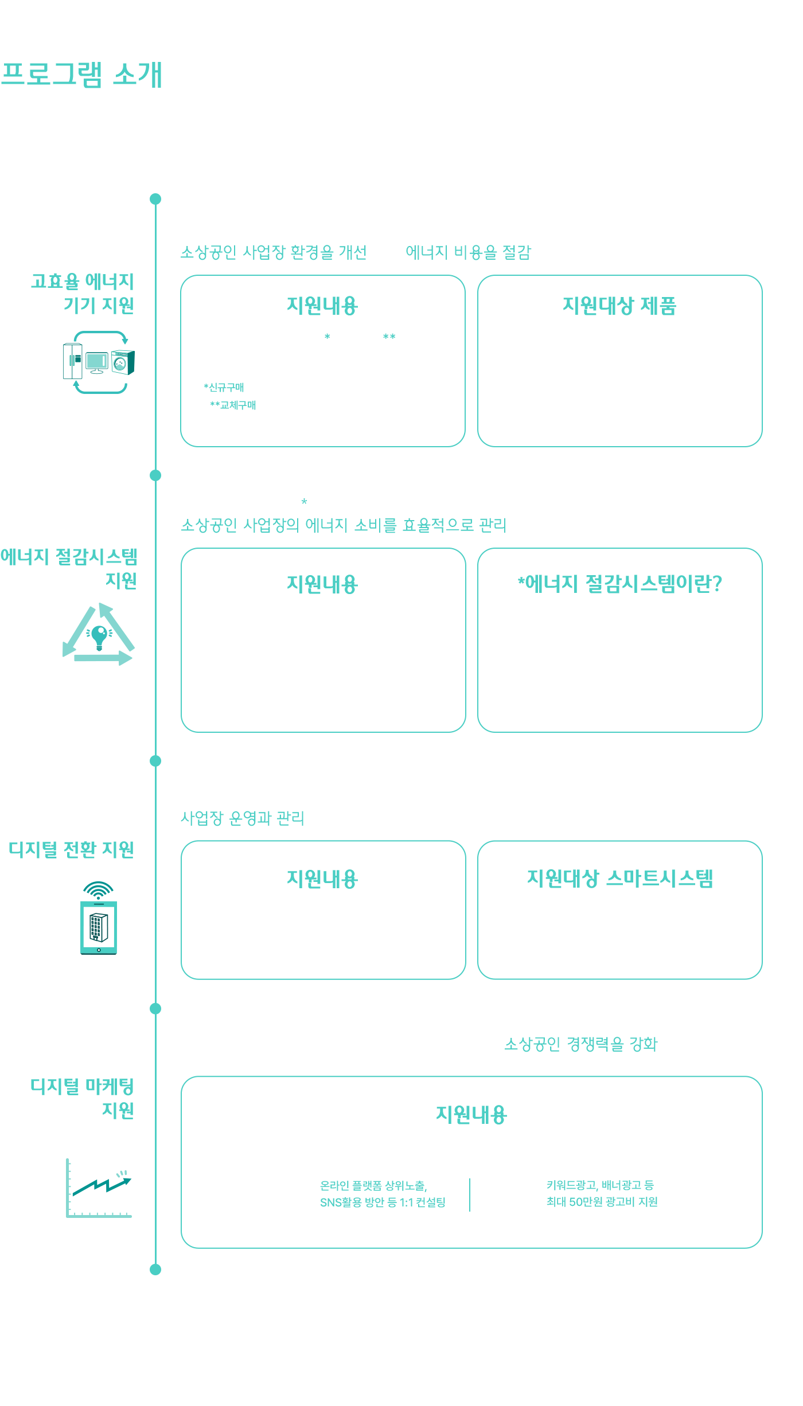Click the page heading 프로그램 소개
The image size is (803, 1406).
coord(81,75)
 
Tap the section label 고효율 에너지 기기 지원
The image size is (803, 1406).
coord(83,293)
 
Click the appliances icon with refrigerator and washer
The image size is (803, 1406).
coord(99,362)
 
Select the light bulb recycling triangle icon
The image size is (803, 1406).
coord(99,634)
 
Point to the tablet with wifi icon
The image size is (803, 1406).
coord(99,918)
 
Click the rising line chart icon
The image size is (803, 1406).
coord(99,1188)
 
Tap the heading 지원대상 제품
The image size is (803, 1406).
coord(619,306)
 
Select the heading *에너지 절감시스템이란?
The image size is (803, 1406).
coord(619,584)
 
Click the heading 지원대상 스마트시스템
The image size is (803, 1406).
coord(620,878)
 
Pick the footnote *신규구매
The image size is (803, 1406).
coord(224,387)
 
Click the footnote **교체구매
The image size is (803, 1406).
coord(233,405)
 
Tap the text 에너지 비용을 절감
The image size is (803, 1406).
coord(469,252)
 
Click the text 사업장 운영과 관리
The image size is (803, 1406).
coord(243,818)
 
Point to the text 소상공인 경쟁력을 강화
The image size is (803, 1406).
coord(581,1044)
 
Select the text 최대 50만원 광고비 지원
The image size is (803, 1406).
coord(602,1202)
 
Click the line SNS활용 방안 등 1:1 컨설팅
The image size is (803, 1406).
coord(383,1202)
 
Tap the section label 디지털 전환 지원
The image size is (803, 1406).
coord(71,850)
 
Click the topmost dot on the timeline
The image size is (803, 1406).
coord(155,199)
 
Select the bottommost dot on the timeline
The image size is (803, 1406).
coord(155,1270)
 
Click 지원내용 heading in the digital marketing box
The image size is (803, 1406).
coord(471,1115)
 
